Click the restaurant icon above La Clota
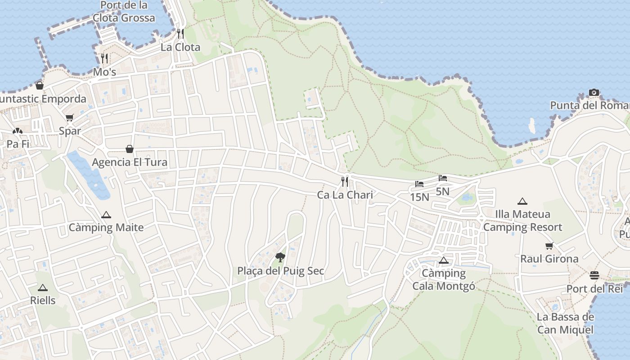(180, 34)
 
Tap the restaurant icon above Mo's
(104, 58)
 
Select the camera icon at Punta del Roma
(594, 93)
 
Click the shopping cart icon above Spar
(69, 118)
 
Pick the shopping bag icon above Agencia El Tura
(130, 149)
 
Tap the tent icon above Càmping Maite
(106, 215)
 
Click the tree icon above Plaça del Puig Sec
(280, 257)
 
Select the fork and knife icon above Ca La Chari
(345, 181)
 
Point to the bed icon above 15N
(419, 184)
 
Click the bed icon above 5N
(443, 178)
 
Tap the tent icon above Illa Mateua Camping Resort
(522, 201)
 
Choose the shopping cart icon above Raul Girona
(549, 246)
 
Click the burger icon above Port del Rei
(594, 275)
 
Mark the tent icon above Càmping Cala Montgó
(444, 260)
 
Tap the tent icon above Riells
(43, 288)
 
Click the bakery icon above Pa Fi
(17, 131)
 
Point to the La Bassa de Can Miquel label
(565, 323)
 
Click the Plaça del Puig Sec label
(281, 271)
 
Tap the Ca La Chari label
(345, 195)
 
